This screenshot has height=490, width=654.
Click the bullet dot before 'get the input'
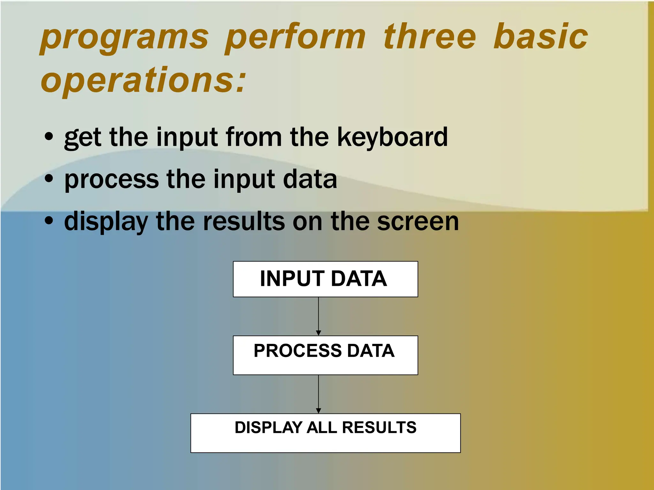(x=49, y=137)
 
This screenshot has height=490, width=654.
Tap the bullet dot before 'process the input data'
(x=49, y=179)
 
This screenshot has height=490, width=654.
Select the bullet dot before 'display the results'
(x=49, y=221)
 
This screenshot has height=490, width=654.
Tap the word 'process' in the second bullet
(x=111, y=180)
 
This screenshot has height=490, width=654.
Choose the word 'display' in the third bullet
(x=106, y=222)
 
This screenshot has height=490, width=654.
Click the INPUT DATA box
(x=325, y=279)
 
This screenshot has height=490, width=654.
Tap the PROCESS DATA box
(x=325, y=355)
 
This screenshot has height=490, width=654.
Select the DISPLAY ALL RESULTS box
(x=325, y=433)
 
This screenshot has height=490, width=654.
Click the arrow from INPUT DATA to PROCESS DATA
(x=318, y=316)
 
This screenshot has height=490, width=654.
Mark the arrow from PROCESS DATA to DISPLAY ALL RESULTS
(x=318, y=394)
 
